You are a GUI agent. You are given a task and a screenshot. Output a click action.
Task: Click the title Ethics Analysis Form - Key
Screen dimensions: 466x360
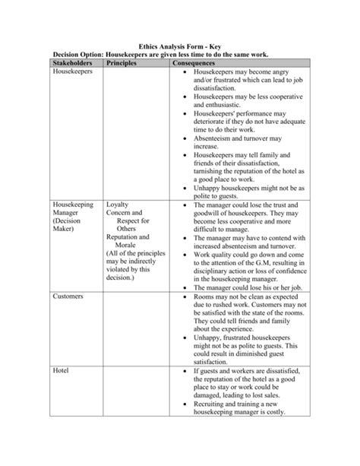tap(179, 46)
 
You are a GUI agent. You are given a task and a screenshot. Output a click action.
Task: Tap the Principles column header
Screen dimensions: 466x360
tap(126, 65)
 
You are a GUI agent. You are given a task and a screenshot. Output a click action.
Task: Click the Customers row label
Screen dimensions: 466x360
tap(71, 295)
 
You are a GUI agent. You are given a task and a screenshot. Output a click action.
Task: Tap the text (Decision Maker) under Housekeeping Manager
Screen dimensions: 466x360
tap(71, 231)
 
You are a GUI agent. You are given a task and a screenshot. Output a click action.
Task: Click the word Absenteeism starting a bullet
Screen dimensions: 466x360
tap(220, 138)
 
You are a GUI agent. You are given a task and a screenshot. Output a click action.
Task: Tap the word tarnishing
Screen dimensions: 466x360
tap(216, 170)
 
